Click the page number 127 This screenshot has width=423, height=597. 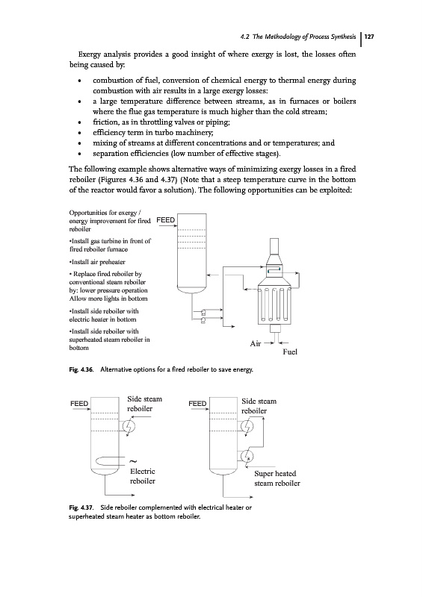tap(369, 37)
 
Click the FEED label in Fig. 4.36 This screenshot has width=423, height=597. tap(166, 220)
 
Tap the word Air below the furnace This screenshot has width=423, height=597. tap(255, 344)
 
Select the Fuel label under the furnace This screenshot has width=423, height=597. tap(290, 351)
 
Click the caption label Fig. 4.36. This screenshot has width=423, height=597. tap(81, 369)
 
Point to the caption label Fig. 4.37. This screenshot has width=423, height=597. tap(81, 507)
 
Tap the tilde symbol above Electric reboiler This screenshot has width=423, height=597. tap(134, 462)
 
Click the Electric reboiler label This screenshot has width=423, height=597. tap(142, 476)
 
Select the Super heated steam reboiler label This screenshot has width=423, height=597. tap(277, 478)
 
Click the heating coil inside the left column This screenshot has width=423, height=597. tap(108, 460)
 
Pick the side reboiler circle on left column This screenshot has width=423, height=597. tap(129, 427)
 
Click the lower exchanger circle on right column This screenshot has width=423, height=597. tap(247, 456)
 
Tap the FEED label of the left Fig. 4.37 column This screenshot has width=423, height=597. tap(79, 404)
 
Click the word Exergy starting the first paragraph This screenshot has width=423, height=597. tap(90, 54)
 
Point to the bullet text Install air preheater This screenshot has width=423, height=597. tap(97, 262)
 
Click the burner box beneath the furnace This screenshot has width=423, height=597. tap(275, 328)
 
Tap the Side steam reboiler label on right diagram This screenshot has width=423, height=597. tap(259, 406)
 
